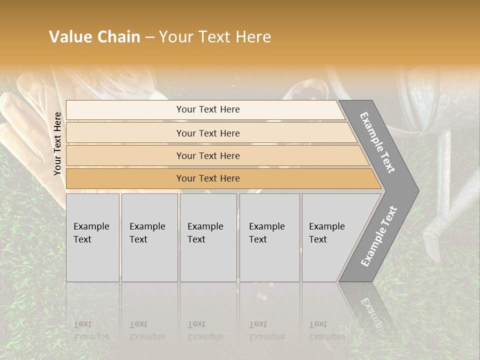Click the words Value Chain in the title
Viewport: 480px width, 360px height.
pos(94,37)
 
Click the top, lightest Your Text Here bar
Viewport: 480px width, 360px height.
pos(207,109)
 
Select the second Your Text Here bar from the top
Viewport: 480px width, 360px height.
pos(207,133)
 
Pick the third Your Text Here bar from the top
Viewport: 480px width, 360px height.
pos(207,155)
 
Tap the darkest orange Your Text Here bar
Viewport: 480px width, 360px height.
pos(207,178)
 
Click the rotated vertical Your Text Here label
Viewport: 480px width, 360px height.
pos(58,143)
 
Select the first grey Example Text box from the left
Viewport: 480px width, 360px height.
pos(92,237)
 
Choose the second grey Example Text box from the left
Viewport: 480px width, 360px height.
pos(149,237)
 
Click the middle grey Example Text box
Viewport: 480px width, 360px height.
pos(208,237)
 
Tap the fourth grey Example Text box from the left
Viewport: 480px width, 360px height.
pos(269,237)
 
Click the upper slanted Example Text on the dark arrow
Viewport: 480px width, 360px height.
pos(378,142)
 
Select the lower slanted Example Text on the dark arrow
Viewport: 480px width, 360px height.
pos(379,236)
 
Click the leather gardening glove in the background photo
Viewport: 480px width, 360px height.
pos(30,130)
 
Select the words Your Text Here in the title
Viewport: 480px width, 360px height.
pos(215,37)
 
